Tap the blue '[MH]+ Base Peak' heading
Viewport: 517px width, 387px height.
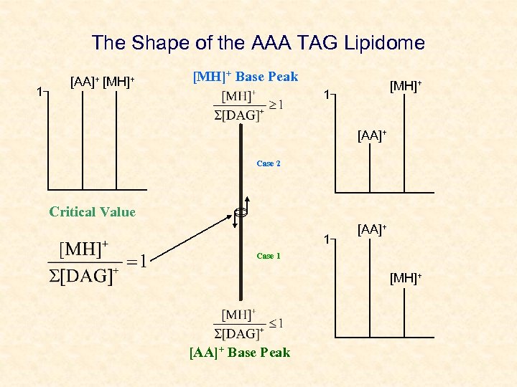point(246,77)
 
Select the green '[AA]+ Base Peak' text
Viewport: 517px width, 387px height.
point(240,352)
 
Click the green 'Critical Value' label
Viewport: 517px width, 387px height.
point(92,211)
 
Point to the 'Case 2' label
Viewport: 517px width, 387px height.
point(269,163)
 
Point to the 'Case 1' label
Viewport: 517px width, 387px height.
point(269,256)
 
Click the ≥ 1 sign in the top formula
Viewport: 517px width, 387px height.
point(276,105)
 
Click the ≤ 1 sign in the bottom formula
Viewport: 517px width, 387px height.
point(276,323)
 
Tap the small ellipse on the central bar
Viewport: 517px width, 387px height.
point(240,212)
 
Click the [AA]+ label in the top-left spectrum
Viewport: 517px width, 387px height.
point(85,81)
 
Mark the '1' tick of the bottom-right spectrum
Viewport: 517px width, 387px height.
point(326,239)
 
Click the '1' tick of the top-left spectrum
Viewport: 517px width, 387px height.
point(40,91)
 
